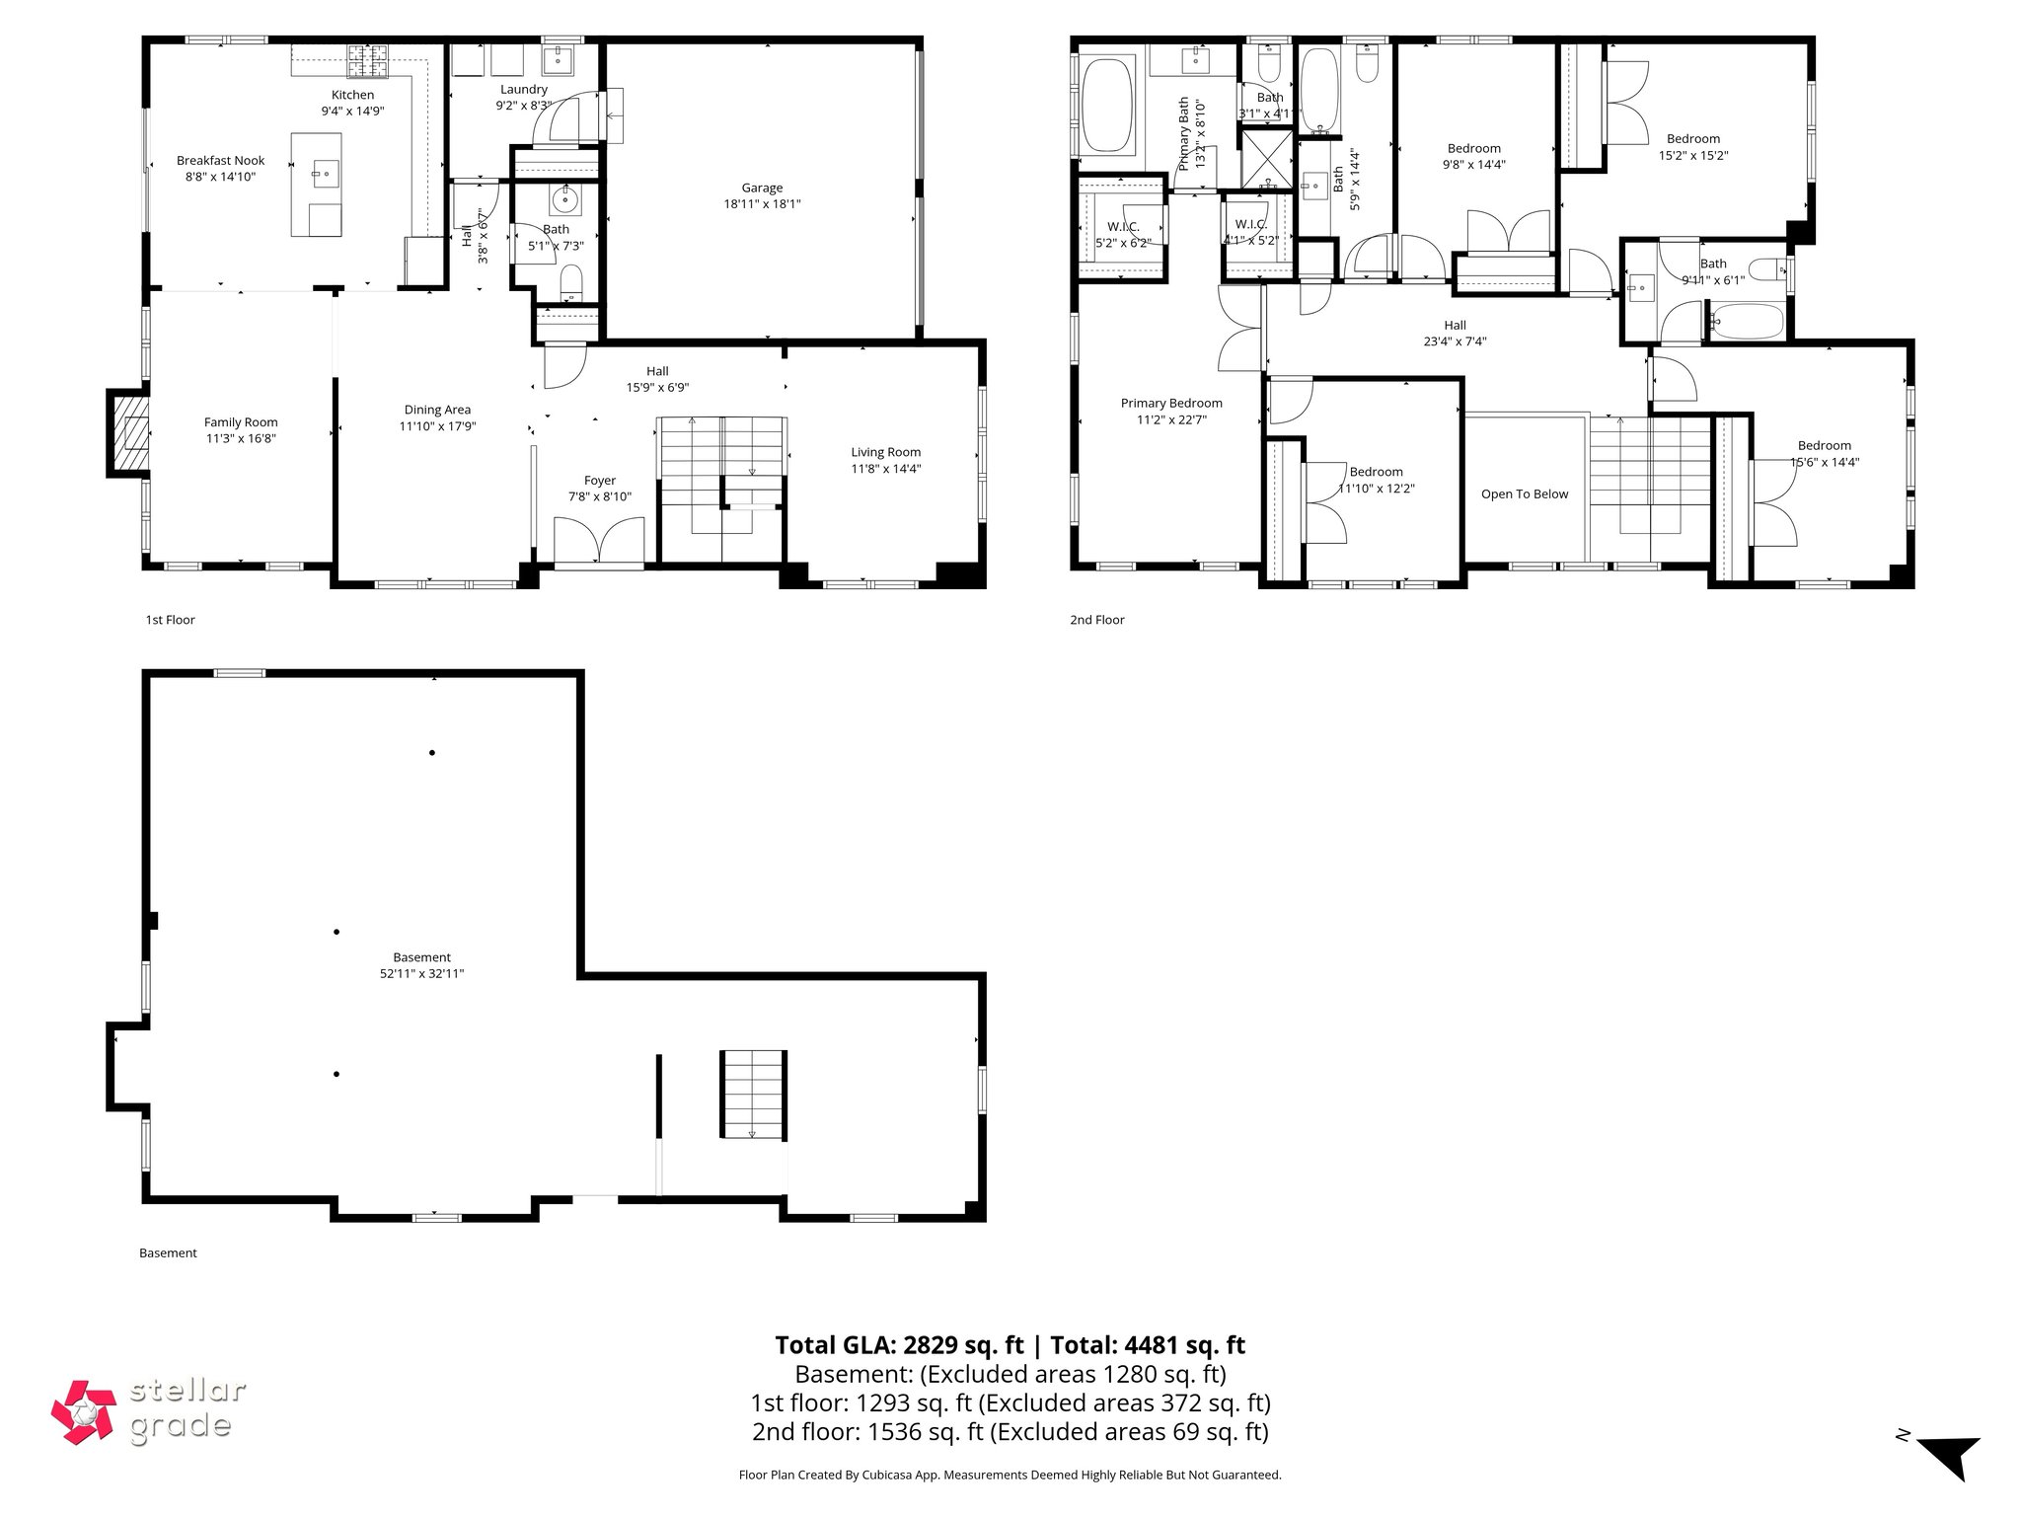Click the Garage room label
[x=762, y=188]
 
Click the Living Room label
[x=885, y=452]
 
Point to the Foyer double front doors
[x=599, y=540]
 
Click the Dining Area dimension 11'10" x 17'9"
[x=437, y=426]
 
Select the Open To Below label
[x=1524, y=494]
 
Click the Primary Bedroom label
[x=1171, y=403]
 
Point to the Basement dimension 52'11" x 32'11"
[x=421, y=973]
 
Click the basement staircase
[x=754, y=1094]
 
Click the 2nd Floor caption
[x=1096, y=620]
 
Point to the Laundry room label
[x=523, y=89]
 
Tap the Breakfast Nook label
[x=221, y=161]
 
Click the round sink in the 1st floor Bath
[x=565, y=200]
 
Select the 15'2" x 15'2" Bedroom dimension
[x=1692, y=155]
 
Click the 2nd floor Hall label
[x=1455, y=325]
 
